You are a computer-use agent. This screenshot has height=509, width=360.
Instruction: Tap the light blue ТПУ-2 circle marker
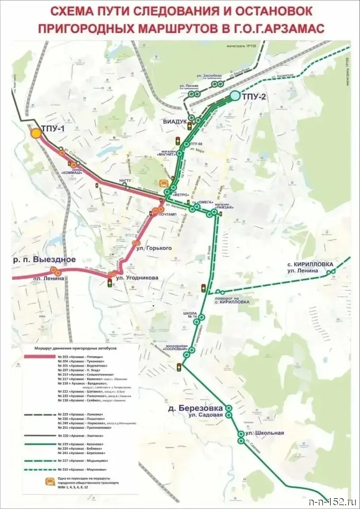pyautogui.click(x=235, y=95)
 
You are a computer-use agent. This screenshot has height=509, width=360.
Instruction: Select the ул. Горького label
pyautogui.click(x=154, y=248)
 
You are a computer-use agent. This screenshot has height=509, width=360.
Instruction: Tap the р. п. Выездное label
pyautogui.click(x=45, y=260)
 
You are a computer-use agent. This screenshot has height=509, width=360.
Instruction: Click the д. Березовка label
pyautogui.click(x=194, y=408)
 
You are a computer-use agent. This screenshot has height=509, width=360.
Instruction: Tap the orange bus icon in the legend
pyautogui.click(x=50, y=482)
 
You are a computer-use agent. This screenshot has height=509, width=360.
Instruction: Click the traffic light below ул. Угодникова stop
pyautogui.click(x=110, y=282)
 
